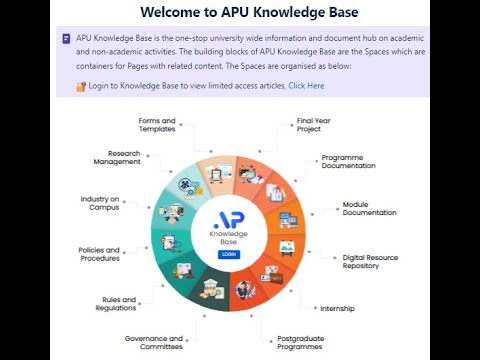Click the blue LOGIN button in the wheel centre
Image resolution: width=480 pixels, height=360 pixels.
pos(229,254)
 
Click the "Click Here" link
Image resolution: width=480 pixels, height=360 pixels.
pos(306,86)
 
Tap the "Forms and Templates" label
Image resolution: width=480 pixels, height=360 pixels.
pos(157,126)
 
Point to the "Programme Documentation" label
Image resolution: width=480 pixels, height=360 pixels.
pos(348,162)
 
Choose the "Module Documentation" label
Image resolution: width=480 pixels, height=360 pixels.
pos(369,208)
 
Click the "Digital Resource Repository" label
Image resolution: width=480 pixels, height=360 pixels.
pos(369,262)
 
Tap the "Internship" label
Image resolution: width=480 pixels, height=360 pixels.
pos(337,308)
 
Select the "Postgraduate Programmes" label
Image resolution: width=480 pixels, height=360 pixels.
pos(299,343)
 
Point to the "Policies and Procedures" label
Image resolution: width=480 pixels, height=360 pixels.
pos(99,254)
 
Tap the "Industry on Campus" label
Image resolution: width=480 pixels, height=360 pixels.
pos(100,203)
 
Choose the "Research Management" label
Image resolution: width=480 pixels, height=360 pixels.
pos(117,158)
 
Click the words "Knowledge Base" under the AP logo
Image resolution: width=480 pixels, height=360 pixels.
pos(229,239)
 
